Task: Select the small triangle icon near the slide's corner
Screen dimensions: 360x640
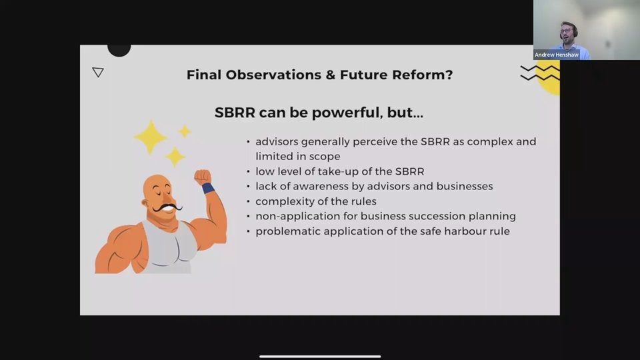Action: (98, 72)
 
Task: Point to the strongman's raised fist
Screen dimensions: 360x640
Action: (202, 177)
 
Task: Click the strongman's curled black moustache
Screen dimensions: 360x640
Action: (167, 208)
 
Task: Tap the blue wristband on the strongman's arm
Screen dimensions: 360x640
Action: (208, 188)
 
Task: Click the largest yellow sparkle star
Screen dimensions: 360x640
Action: (151, 136)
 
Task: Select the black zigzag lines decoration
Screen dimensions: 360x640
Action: (539, 73)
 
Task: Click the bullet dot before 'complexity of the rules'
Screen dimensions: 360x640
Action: (249, 201)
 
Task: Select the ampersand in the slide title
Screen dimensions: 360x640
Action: (330, 75)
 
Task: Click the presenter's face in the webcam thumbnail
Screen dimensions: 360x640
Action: (567, 31)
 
